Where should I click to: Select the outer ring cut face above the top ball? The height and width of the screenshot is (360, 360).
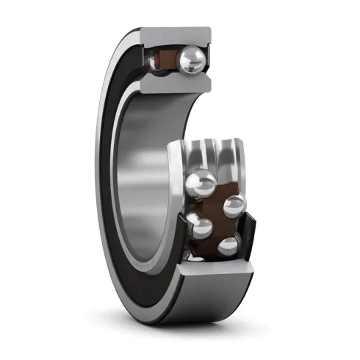pyautogui.click(x=176, y=36)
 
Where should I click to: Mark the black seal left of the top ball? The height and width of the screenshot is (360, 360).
pyautogui.click(x=147, y=62)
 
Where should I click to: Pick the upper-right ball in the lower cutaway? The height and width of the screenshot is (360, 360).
pyautogui.click(x=233, y=207)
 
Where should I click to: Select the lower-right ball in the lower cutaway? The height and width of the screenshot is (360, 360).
pyautogui.click(x=229, y=245)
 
